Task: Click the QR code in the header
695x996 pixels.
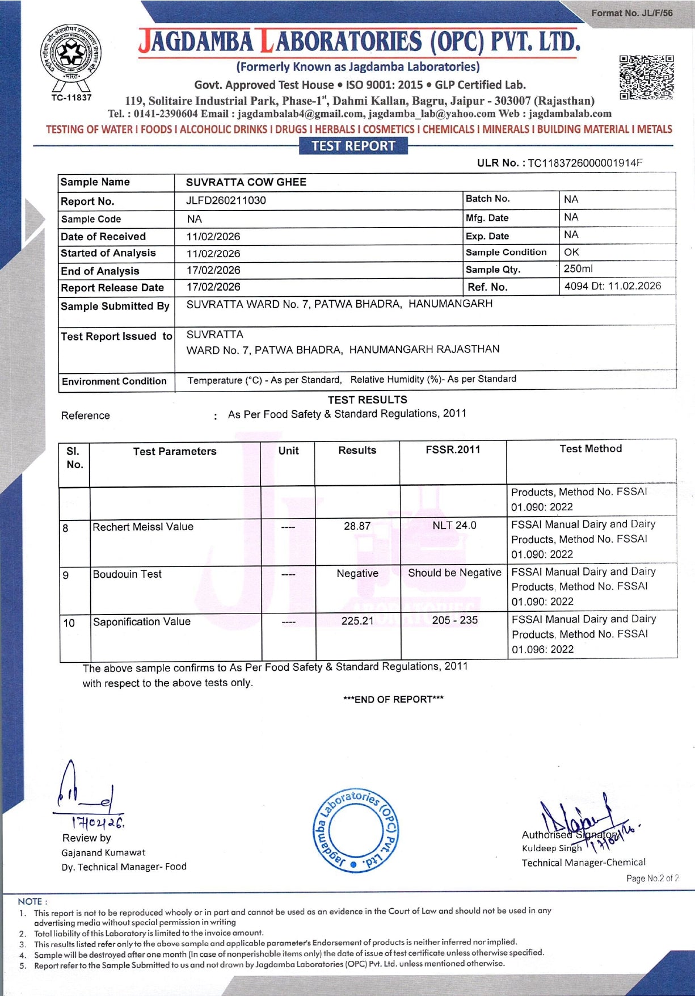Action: (646, 77)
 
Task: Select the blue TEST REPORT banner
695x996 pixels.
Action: (353, 146)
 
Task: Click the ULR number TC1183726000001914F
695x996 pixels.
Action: (585, 163)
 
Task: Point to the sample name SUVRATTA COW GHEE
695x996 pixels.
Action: (246, 182)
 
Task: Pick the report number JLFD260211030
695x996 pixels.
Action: (226, 200)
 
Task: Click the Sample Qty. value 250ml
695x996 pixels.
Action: (578, 269)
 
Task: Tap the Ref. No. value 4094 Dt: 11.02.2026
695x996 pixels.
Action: (612, 286)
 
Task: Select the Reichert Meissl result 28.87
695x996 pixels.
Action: (357, 526)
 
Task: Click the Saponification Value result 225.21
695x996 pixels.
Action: (357, 621)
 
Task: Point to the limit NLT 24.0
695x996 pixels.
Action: (454, 526)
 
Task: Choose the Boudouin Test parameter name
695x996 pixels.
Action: (127, 574)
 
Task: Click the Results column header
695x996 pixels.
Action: (357, 451)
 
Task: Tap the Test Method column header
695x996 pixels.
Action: (591, 449)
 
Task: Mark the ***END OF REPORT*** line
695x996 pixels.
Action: (393, 699)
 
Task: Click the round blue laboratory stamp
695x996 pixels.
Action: (356, 830)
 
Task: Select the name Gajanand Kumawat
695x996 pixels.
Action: (103, 852)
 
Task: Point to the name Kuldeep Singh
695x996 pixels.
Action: (551, 848)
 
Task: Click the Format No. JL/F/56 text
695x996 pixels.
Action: (631, 13)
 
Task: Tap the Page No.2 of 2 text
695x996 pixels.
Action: (652, 879)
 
